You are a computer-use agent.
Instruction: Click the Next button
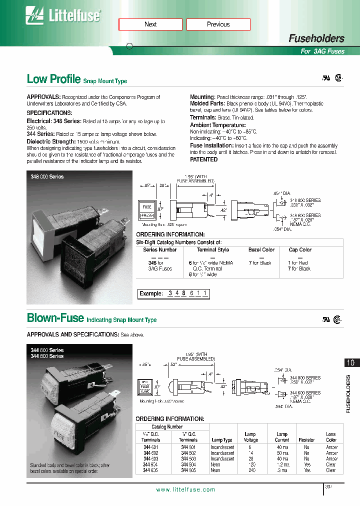[x=150, y=24]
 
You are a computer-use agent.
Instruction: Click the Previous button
[x=218, y=24]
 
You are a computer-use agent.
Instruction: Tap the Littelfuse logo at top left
[x=63, y=16]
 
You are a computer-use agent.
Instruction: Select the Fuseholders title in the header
[x=316, y=38]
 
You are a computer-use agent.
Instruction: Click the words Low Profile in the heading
[x=53, y=79]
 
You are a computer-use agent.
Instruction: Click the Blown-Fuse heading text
[x=55, y=318]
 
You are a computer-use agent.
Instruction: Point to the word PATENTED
[x=203, y=159]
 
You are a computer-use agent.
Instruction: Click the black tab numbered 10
[x=351, y=363]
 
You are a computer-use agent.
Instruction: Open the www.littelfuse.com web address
[x=185, y=490]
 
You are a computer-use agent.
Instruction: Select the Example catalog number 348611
[x=188, y=293]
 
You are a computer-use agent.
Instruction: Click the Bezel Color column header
[x=261, y=249]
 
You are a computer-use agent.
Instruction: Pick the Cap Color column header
[x=299, y=249]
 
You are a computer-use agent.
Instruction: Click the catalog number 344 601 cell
[x=150, y=447]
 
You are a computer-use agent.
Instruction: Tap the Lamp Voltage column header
[x=250, y=437]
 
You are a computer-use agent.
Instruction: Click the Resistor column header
[x=306, y=440]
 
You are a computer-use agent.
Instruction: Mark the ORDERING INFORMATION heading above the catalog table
[x=170, y=418]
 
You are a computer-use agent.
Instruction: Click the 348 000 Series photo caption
[x=47, y=177]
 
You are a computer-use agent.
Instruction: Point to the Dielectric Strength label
[x=51, y=141]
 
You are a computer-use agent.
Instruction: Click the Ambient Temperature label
[x=217, y=125]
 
